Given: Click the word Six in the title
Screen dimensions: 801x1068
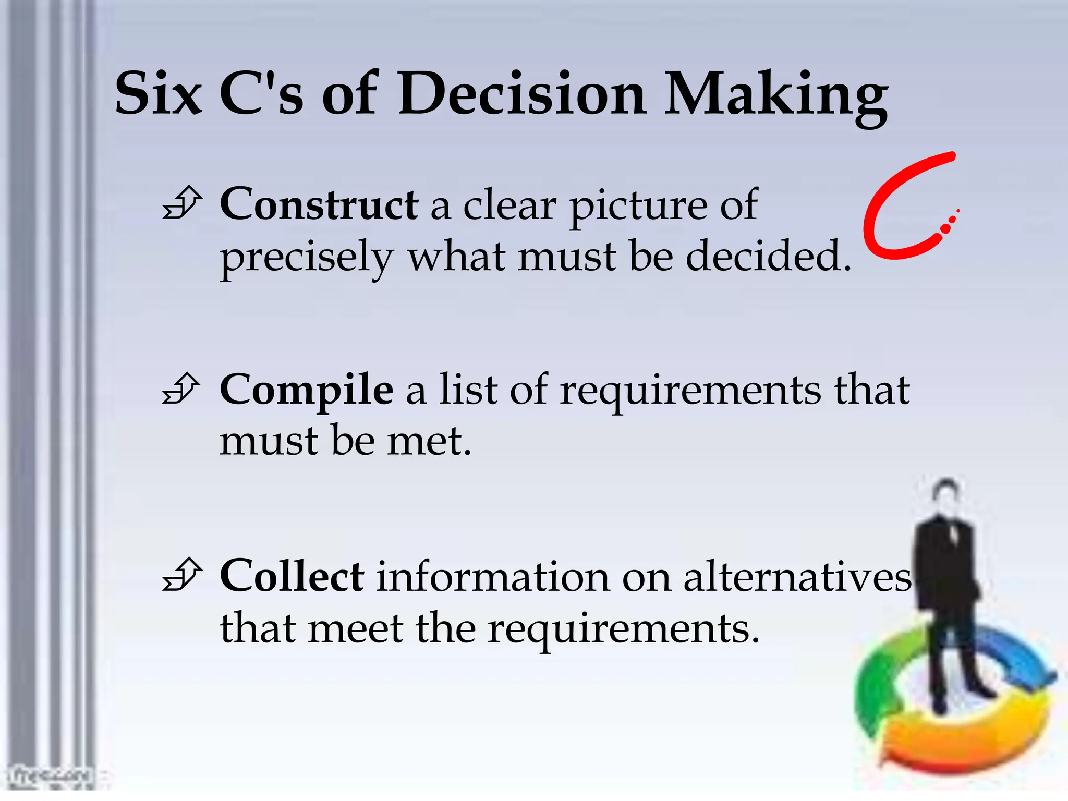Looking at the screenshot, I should pos(158,94).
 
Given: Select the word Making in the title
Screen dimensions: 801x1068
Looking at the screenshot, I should pos(776,96).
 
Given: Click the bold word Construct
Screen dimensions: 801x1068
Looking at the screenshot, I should pos(319,204).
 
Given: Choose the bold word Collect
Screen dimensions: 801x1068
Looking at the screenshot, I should pos(292,576).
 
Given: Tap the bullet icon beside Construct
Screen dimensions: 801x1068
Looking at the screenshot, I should pos(181,203).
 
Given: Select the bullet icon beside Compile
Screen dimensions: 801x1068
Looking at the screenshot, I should pos(181,389).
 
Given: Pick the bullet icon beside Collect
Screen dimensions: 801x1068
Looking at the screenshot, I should pos(181,575).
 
